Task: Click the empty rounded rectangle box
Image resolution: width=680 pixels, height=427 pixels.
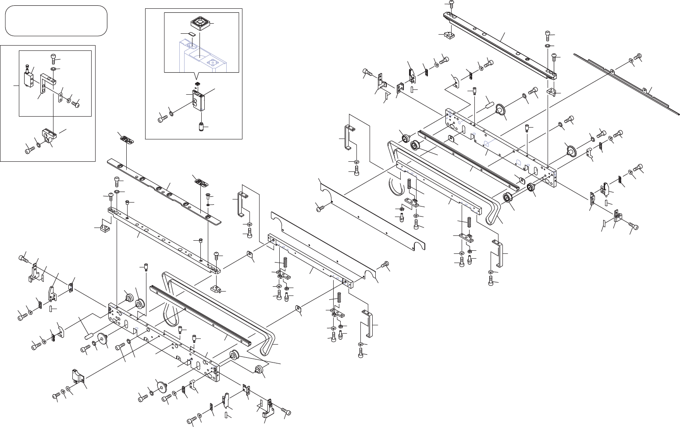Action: [x=56, y=21]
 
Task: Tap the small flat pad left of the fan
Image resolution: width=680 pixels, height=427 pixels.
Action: [x=192, y=33]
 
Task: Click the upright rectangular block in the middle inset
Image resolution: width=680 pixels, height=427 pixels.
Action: [x=198, y=101]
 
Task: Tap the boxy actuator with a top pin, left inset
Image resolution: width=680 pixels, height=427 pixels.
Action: [x=29, y=78]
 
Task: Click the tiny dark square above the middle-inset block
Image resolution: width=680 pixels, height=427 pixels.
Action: [x=197, y=83]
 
